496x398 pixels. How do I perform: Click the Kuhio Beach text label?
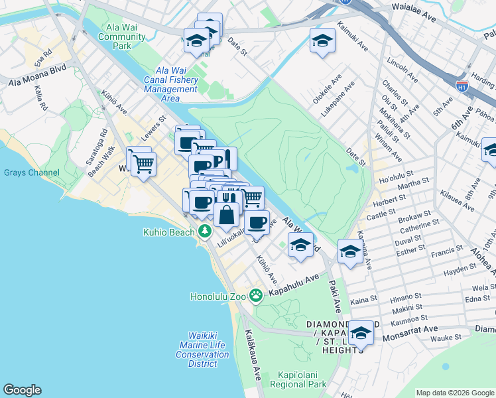tap(169, 232)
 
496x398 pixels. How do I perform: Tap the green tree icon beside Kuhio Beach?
tap(206, 232)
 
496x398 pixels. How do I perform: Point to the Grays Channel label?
tap(31, 173)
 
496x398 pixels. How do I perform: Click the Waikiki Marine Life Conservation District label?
tap(202, 350)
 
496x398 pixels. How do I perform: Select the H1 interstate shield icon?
tap(462, 86)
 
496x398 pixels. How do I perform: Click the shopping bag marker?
tap(227, 214)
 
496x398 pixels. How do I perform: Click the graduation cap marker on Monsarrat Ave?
tap(361, 332)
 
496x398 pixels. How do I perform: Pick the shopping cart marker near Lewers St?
tap(143, 163)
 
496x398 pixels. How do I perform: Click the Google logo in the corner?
tap(22, 390)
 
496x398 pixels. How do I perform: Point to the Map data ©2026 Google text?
tap(455, 393)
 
